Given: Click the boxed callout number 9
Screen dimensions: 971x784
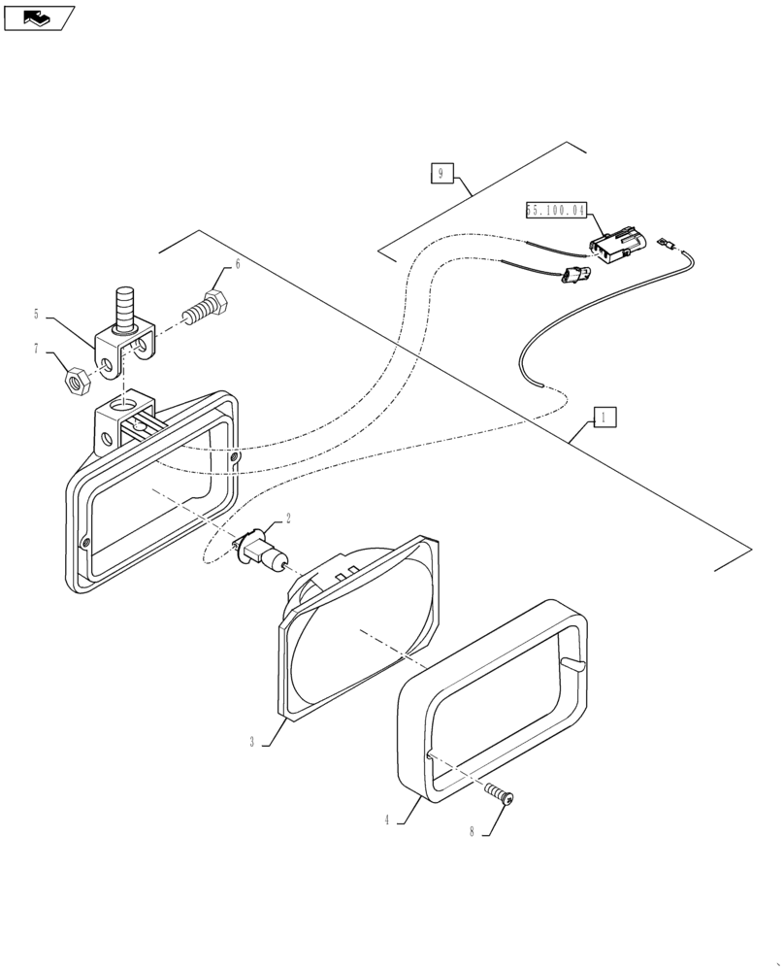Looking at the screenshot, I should point(441,174).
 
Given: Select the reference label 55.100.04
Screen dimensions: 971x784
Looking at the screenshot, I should point(556,209).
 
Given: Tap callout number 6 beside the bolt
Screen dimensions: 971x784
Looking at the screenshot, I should point(237,264).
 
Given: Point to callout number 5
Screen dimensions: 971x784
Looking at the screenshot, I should point(37,314).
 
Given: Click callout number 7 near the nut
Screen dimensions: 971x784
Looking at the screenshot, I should point(37,348).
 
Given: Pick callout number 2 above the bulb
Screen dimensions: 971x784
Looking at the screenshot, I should point(287,519).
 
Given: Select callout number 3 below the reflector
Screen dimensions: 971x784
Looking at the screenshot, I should point(251,742).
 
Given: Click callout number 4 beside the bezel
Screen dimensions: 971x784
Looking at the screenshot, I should point(386,820).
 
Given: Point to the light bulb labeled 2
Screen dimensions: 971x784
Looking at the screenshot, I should point(267,555).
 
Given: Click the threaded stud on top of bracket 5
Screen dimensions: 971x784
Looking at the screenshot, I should point(124,308).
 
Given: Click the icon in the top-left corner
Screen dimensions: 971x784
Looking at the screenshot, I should point(38,17).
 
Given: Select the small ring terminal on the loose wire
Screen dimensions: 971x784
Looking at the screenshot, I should point(666,245).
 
